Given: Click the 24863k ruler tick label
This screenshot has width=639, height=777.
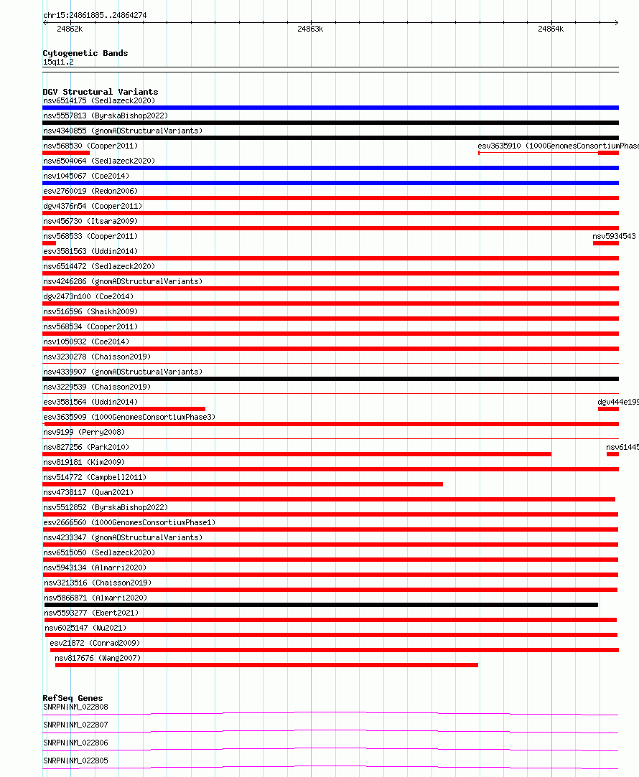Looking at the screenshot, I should click(x=310, y=29).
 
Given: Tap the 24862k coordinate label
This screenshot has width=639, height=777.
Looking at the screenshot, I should click(x=70, y=29).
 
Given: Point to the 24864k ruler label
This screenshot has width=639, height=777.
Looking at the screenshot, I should click(x=551, y=29).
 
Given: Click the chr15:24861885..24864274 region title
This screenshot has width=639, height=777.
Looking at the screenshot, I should click(x=95, y=15).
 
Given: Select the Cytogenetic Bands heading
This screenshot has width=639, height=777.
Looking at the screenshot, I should click(x=85, y=53).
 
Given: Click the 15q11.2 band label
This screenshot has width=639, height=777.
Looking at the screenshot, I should click(x=58, y=62).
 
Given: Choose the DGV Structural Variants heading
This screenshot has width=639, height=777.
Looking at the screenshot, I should click(x=100, y=92).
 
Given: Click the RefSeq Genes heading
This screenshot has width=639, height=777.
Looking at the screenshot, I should click(x=73, y=698).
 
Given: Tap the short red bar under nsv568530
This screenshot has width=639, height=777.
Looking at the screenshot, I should click(x=66, y=153).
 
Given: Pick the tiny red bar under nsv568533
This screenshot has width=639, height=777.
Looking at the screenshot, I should click(x=50, y=243).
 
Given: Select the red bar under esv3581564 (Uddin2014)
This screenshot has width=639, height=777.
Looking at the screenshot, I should click(x=123, y=409).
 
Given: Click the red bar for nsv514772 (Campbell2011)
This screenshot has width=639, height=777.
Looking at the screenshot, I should click(x=243, y=484).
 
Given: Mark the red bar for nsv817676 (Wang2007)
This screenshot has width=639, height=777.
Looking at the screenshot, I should click(x=266, y=665).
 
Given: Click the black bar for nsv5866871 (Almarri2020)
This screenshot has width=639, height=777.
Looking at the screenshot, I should click(x=321, y=605).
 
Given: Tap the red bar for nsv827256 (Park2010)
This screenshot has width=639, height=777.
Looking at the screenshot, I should click(x=297, y=454).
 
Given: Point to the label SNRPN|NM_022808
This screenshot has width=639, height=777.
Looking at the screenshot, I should click(x=75, y=707).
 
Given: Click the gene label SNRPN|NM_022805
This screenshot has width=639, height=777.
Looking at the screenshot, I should click(x=75, y=760).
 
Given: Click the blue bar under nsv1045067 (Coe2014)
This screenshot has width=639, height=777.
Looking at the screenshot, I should click(x=330, y=183).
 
